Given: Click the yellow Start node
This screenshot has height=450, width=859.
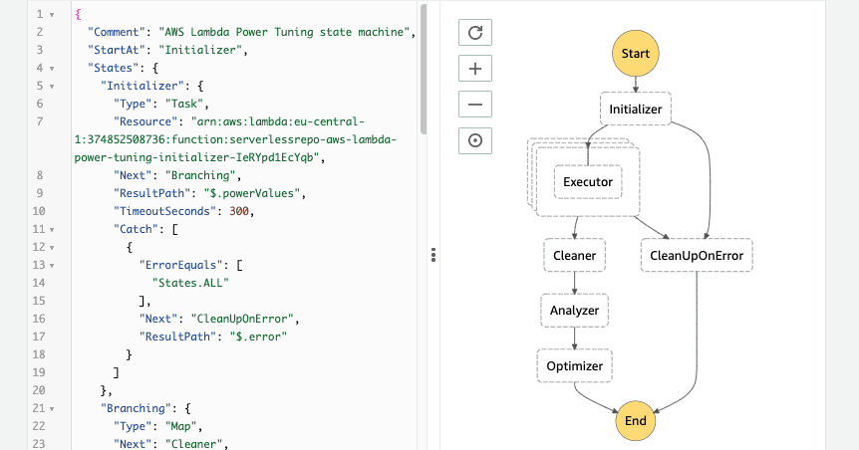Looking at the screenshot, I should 635,51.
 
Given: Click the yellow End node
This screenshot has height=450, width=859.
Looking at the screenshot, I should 635,420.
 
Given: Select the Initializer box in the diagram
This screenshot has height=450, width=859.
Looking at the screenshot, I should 635,109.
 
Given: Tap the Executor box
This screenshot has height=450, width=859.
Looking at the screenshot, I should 587,182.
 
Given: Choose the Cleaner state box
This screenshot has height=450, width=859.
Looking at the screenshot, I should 574,256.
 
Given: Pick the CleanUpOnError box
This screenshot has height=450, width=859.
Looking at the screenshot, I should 697,256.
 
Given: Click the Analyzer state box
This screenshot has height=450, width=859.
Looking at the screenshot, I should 574,311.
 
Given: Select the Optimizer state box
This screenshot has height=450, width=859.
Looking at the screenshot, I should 574,365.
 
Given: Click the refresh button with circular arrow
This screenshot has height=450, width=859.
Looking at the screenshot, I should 475,33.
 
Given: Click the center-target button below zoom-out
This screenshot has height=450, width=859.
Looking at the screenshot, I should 475,140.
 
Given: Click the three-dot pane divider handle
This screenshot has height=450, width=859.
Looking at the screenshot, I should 433,256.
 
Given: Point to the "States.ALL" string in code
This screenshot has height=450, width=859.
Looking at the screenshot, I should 193,283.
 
